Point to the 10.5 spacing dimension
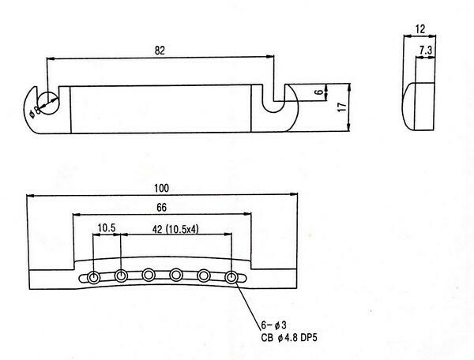click(107, 229)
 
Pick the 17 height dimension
click(343, 107)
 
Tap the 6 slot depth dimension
click(319, 92)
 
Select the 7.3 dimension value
click(425, 50)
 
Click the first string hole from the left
click(95, 277)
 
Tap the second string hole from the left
click(122, 276)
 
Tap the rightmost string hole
click(231, 277)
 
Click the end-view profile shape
click(419, 107)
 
